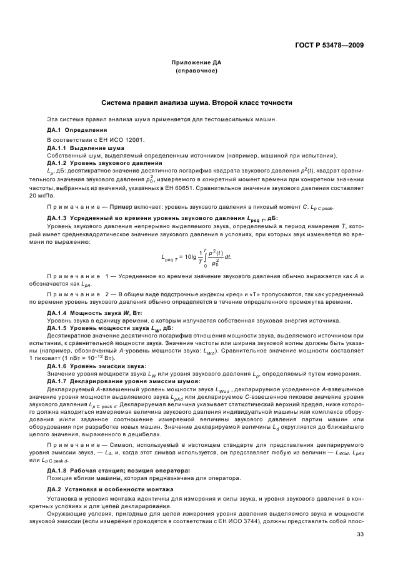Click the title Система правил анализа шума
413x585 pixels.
click(x=197, y=102)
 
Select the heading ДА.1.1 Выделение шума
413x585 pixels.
click(x=86, y=147)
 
